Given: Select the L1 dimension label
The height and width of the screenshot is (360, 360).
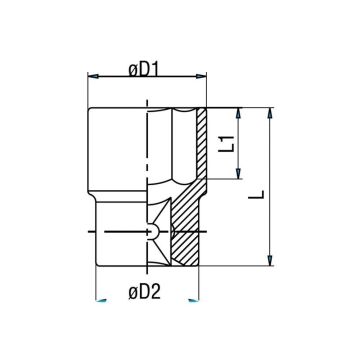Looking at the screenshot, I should (226, 143).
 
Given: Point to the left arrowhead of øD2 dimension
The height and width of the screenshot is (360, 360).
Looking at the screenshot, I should (101, 299).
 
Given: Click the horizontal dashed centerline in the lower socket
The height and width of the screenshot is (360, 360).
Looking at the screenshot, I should (125, 232).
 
